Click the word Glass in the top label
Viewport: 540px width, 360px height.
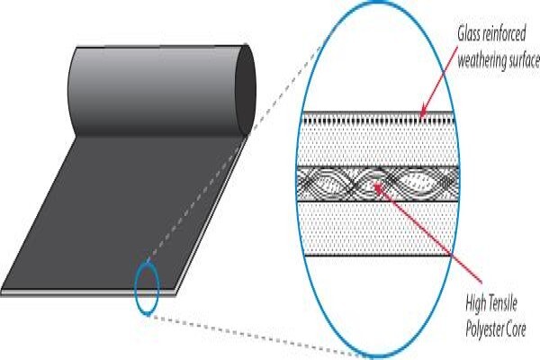click(469, 34)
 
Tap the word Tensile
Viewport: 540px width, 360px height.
click(503, 304)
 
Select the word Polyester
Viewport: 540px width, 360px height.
click(484, 329)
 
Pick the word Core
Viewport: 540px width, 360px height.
click(516, 329)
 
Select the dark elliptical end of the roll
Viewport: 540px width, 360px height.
click(246, 90)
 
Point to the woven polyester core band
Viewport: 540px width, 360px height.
click(378, 184)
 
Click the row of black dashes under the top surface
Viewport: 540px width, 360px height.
click(378, 121)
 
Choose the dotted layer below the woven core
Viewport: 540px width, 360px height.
click(378, 228)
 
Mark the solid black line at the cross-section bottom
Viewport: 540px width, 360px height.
click(378, 256)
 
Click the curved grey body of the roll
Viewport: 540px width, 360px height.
click(155, 90)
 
